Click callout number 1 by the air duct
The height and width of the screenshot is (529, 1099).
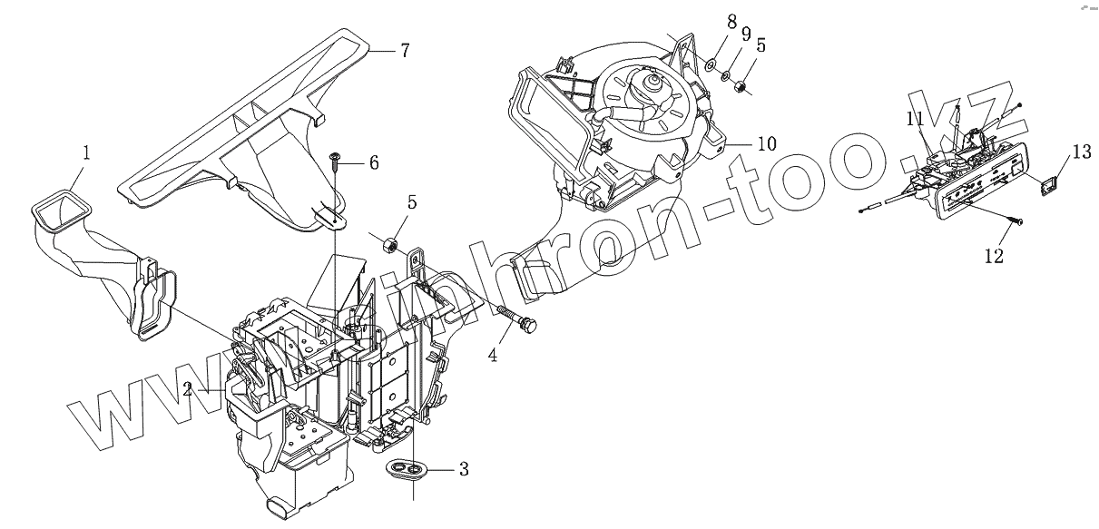coord(85,153)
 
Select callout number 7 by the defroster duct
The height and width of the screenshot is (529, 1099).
coord(405,51)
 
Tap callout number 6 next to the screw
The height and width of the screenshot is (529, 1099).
coord(373,162)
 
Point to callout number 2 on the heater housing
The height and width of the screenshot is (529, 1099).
coord(187,389)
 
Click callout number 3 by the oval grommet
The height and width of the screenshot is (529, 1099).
coord(464,469)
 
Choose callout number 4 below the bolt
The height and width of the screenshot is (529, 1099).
coord(493,355)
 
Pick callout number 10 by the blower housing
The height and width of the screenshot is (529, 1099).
coord(767,143)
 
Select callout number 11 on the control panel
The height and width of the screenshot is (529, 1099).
coord(915,118)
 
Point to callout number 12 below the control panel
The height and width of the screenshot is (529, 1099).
coord(994,258)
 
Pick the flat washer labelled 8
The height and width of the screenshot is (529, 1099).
coord(711,64)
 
